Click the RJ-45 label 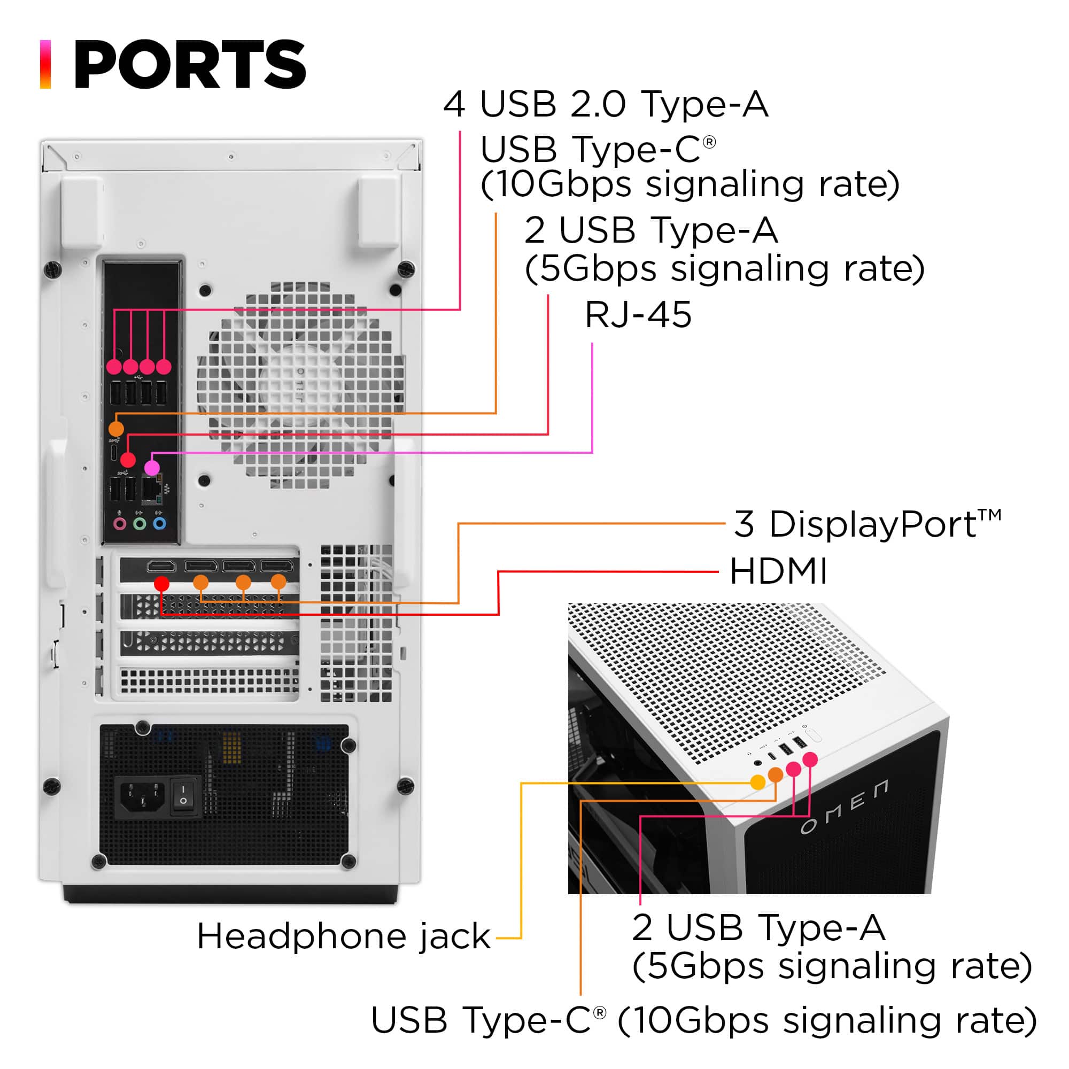638,315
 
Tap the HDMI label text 778,571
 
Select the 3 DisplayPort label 866,523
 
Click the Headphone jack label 344,937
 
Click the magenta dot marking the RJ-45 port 152,468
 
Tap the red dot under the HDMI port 161,583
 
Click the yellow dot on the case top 757,782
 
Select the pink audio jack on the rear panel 119,523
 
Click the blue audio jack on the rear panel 159,523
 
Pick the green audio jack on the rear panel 140,523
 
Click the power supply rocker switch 183,797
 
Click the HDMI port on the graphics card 161,566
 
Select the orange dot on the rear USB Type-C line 116,428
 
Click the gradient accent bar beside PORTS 45,64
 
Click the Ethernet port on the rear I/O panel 151,491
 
